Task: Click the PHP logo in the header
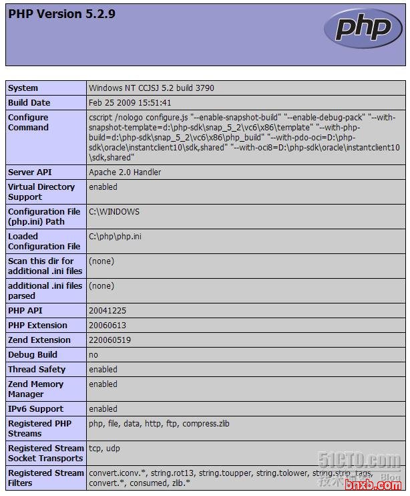(363, 29)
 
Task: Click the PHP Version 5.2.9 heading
(61, 14)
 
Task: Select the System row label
(23, 88)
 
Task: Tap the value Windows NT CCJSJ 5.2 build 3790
(152, 88)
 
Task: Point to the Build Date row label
(29, 103)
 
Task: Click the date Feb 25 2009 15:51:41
(130, 103)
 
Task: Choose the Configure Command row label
(28, 122)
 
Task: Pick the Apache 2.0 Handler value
(125, 172)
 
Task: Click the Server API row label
(30, 172)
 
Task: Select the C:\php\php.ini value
(115, 237)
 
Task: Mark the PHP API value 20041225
(108, 311)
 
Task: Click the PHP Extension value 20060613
(108, 326)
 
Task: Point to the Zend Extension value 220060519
(110, 340)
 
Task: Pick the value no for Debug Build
(93, 355)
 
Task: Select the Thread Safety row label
(37, 370)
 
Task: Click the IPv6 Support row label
(35, 409)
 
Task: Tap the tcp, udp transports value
(105, 449)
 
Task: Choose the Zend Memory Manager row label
(35, 389)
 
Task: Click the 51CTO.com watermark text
(359, 461)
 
